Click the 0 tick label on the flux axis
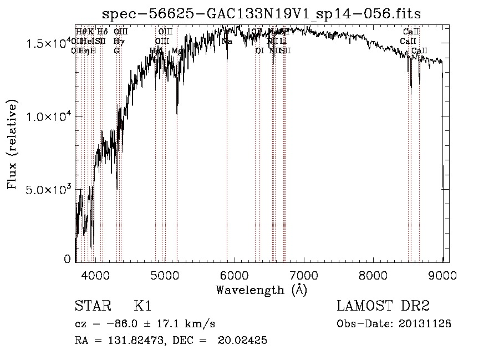point(67,259)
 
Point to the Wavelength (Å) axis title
point(261,289)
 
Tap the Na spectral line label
point(226,42)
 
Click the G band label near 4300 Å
point(116,50)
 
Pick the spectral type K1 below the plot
point(142,307)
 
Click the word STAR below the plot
point(92,307)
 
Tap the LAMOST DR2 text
point(383,307)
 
